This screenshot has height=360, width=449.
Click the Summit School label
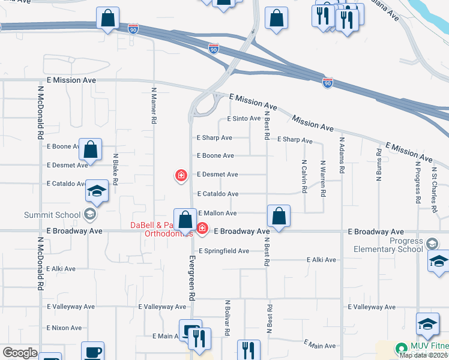point(52,215)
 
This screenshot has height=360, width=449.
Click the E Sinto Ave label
point(244,119)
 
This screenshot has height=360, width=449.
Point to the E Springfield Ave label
point(223,251)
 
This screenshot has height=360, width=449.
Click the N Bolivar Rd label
point(228,318)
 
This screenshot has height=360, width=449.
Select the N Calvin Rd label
point(304,176)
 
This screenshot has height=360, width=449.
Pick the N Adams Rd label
point(341,156)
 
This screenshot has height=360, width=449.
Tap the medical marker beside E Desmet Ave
point(180,175)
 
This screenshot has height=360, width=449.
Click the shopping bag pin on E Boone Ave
point(90,149)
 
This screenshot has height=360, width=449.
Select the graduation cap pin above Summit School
point(96,191)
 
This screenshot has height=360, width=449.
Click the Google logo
point(20,353)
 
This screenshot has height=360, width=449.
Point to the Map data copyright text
point(423,355)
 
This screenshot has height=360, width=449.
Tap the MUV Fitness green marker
point(401,348)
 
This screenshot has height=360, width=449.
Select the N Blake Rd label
point(115,168)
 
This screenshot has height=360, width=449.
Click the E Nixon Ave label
point(64,328)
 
